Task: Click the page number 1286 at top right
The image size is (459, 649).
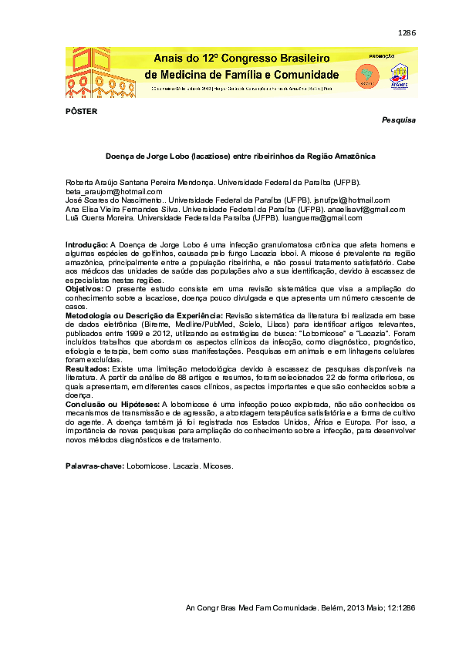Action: click(x=407, y=33)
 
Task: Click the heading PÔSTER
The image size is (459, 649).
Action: click(x=81, y=111)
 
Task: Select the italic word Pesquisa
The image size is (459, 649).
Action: click(x=399, y=121)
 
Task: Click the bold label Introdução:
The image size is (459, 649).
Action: click(x=87, y=244)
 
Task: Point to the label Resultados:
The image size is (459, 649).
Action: click(x=86, y=370)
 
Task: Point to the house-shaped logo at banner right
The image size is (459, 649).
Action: click(x=400, y=74)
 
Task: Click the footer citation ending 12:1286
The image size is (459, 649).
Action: click(x=301, y=608)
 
